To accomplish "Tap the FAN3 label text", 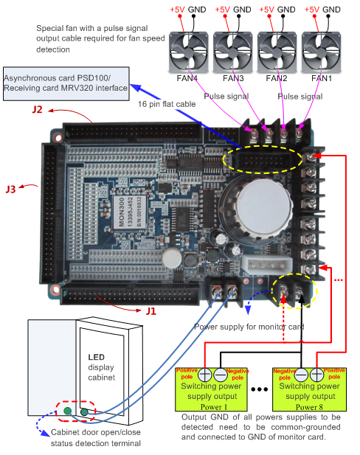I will [x=233, y=77].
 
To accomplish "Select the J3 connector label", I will [x=11, y=190].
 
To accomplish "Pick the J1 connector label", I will [x=150, y=310].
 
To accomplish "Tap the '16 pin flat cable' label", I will [x=166, y=105].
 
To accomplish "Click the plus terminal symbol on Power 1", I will [x=204, y=375].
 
